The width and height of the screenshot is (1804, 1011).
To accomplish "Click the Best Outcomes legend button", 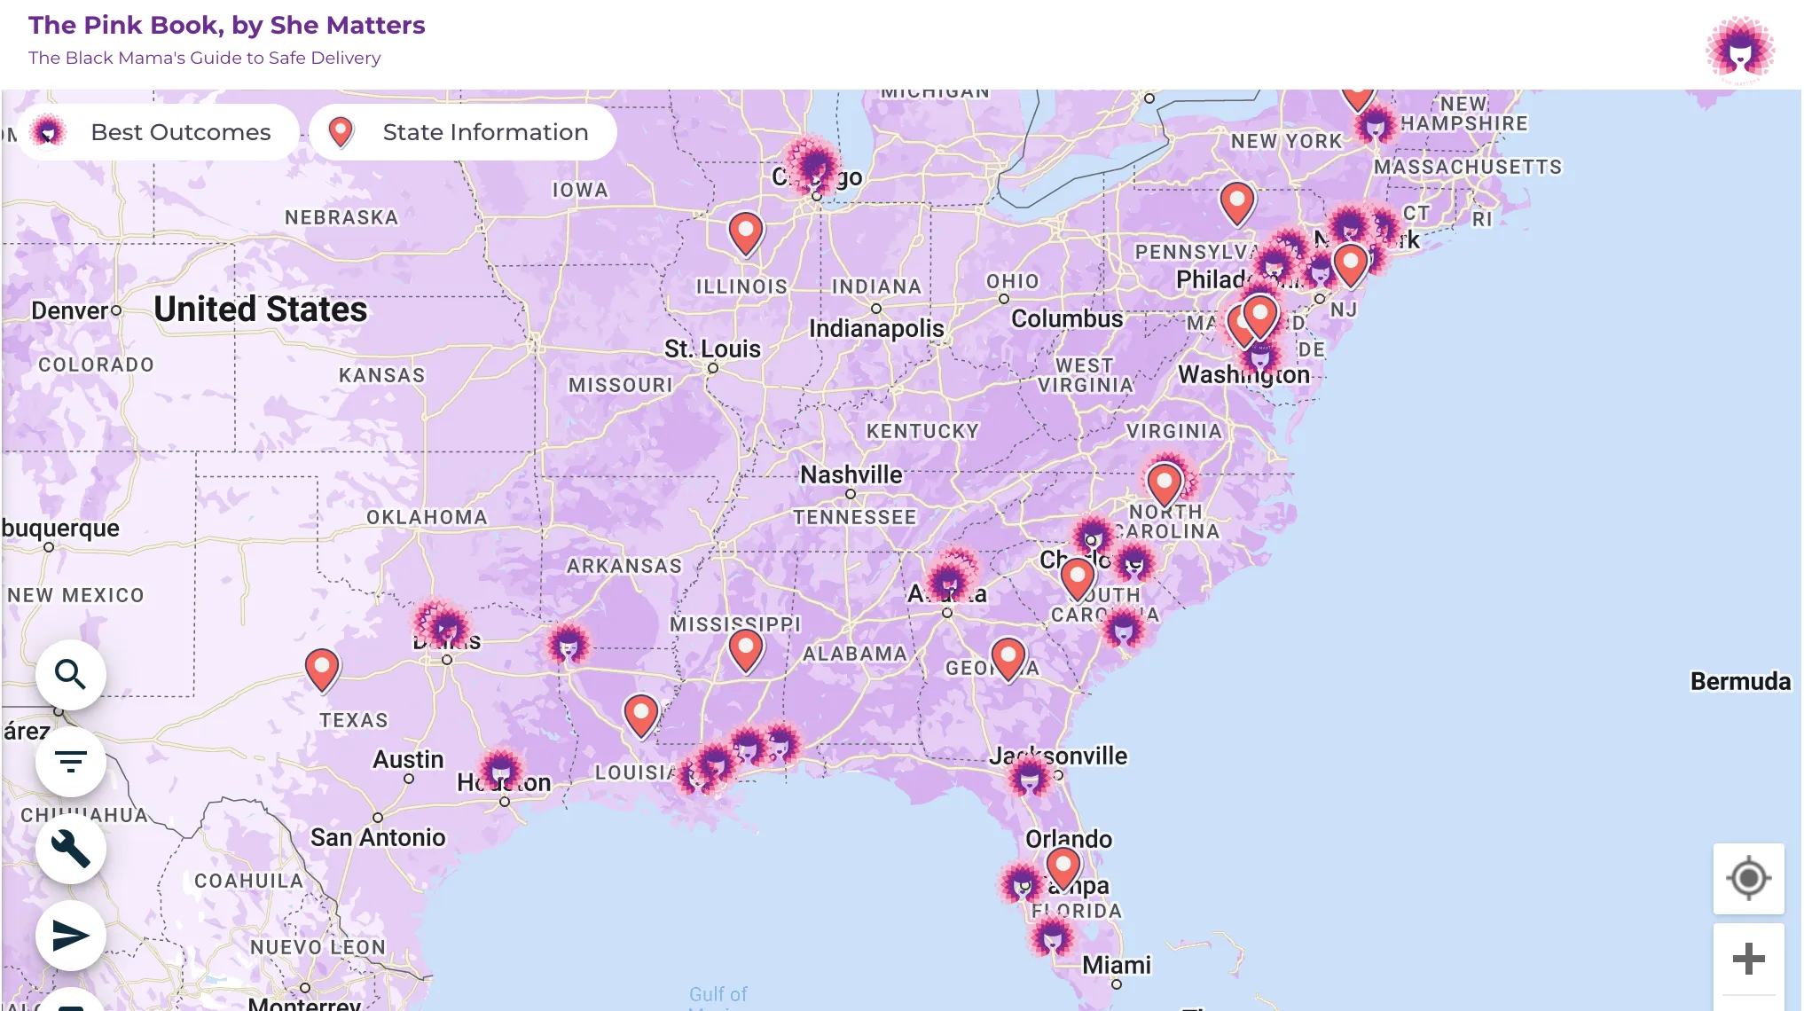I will click(x=158, y=132).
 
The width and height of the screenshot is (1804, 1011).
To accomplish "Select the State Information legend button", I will click(x=462, y=132).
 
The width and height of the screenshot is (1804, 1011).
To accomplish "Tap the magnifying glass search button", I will click(x=71, y=675).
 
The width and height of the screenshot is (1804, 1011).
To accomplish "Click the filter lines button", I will click(x=71, y=761).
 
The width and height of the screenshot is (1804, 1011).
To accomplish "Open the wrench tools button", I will click(x=71, y=848).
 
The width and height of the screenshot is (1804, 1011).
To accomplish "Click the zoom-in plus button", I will click(x=1748, y=959).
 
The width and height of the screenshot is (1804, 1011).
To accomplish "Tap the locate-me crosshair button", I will click(x=1748, y=879).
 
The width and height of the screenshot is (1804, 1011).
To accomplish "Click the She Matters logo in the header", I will click(x=1739, y=50).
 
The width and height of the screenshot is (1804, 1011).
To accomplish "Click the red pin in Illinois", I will click(x=746, y=232).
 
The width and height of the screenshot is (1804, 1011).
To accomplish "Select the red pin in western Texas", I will click(x=322, y=668).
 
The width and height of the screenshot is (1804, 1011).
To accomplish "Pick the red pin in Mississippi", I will click(x=746, y=649).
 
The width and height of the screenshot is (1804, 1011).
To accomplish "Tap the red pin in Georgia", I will click(x=1008, y=657).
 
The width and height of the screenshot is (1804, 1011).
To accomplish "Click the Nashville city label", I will click(x=851, y=475).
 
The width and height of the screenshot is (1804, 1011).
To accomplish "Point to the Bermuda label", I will click(x=1740, y=681).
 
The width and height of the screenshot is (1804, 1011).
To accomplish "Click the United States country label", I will click(x=260, y=310).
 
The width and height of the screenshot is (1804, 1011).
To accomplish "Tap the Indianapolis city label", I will click(x=876, y=328).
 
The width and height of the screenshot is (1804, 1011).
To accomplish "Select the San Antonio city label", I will click(x=378, y=837).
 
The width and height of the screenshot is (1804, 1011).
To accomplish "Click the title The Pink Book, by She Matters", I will click(x=227, y=25).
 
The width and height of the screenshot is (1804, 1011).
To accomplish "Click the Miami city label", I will click(x=1117, y=965).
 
